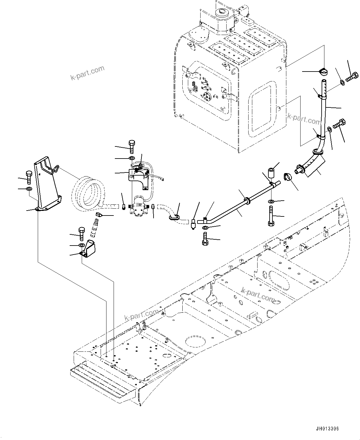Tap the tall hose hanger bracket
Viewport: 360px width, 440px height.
[47, 186]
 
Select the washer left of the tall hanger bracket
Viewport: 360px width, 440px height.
[29, 189]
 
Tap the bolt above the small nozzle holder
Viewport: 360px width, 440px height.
[82, 234]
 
